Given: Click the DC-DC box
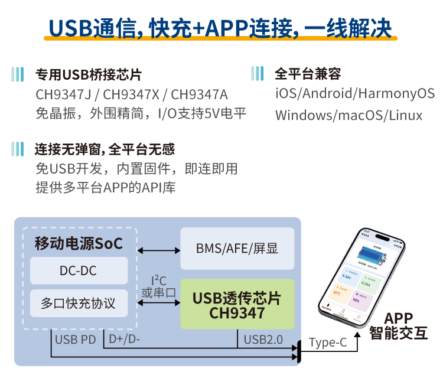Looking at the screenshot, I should pos(79,271).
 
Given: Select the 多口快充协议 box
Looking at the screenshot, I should pos(79,304).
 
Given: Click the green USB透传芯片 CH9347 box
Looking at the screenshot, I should pos(237,304).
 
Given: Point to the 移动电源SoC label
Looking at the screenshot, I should pos(79,243).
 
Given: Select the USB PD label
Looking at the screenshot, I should pos(75,340).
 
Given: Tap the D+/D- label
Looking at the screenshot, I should pos(125,340).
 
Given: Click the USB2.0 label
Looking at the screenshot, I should pos(263,340).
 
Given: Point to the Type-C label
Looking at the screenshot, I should pos(328,342).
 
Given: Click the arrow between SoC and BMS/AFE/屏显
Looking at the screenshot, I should pos(159,250).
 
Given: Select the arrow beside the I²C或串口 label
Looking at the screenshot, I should pos(159,304).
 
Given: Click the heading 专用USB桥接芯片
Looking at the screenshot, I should pos(89,75).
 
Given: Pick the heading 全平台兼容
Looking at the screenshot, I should pos(308,75).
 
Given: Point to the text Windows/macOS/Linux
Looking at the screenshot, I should pos(348,115).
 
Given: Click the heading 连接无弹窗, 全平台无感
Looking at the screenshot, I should pos(105,149).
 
